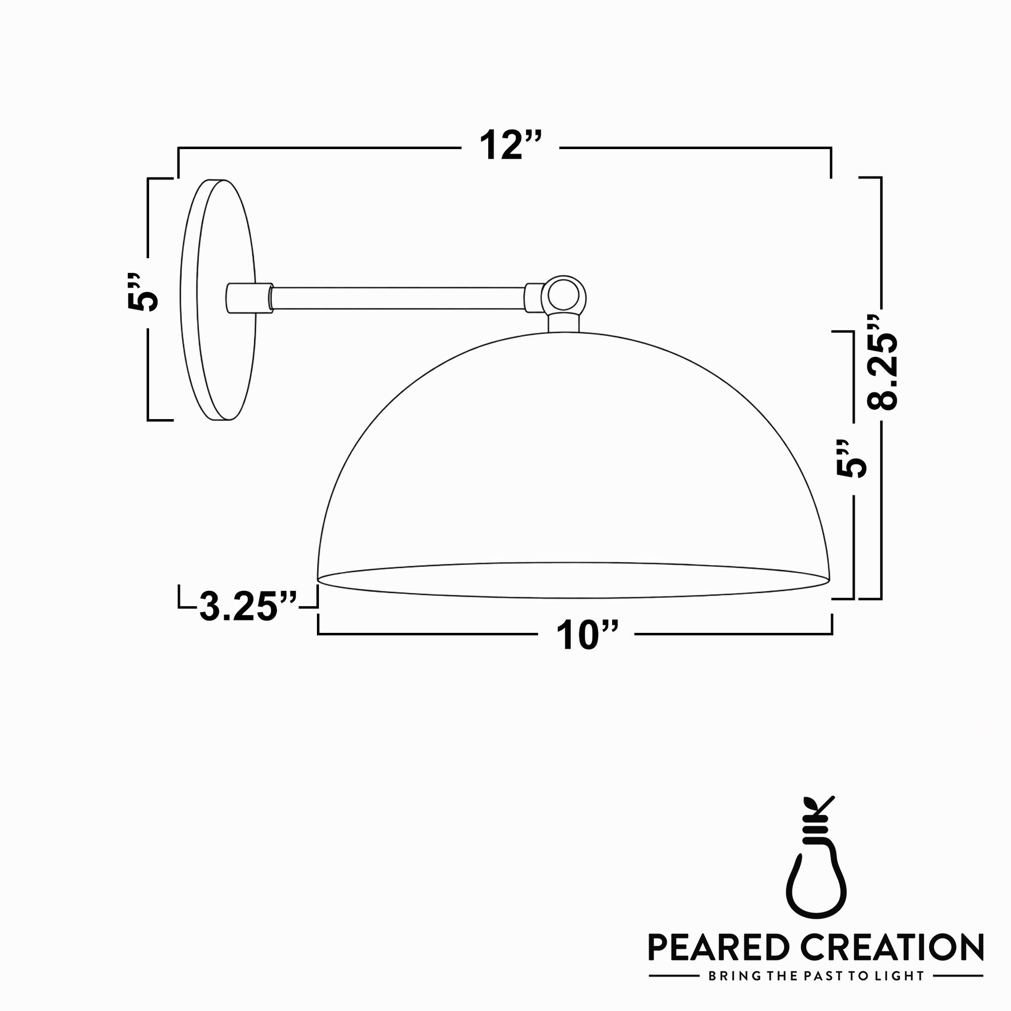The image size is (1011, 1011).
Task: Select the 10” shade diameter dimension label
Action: [x=586, y=635]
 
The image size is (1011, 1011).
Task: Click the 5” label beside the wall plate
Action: [x=143, y=293]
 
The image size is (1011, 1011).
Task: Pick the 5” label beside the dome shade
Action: [x=851, y=458]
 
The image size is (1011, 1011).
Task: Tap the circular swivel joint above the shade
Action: [x=564, y=297]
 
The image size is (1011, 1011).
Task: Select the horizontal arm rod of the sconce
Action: [x=398, y=298]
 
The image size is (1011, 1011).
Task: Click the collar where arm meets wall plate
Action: [x=250, y=298]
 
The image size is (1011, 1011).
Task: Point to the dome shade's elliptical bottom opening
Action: [x=573, y=580]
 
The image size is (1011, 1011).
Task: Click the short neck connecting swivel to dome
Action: [x=564, y=323]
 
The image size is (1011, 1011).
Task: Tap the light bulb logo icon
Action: [x=816, y=871]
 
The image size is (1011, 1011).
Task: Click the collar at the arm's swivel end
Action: [x=533, y=298]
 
